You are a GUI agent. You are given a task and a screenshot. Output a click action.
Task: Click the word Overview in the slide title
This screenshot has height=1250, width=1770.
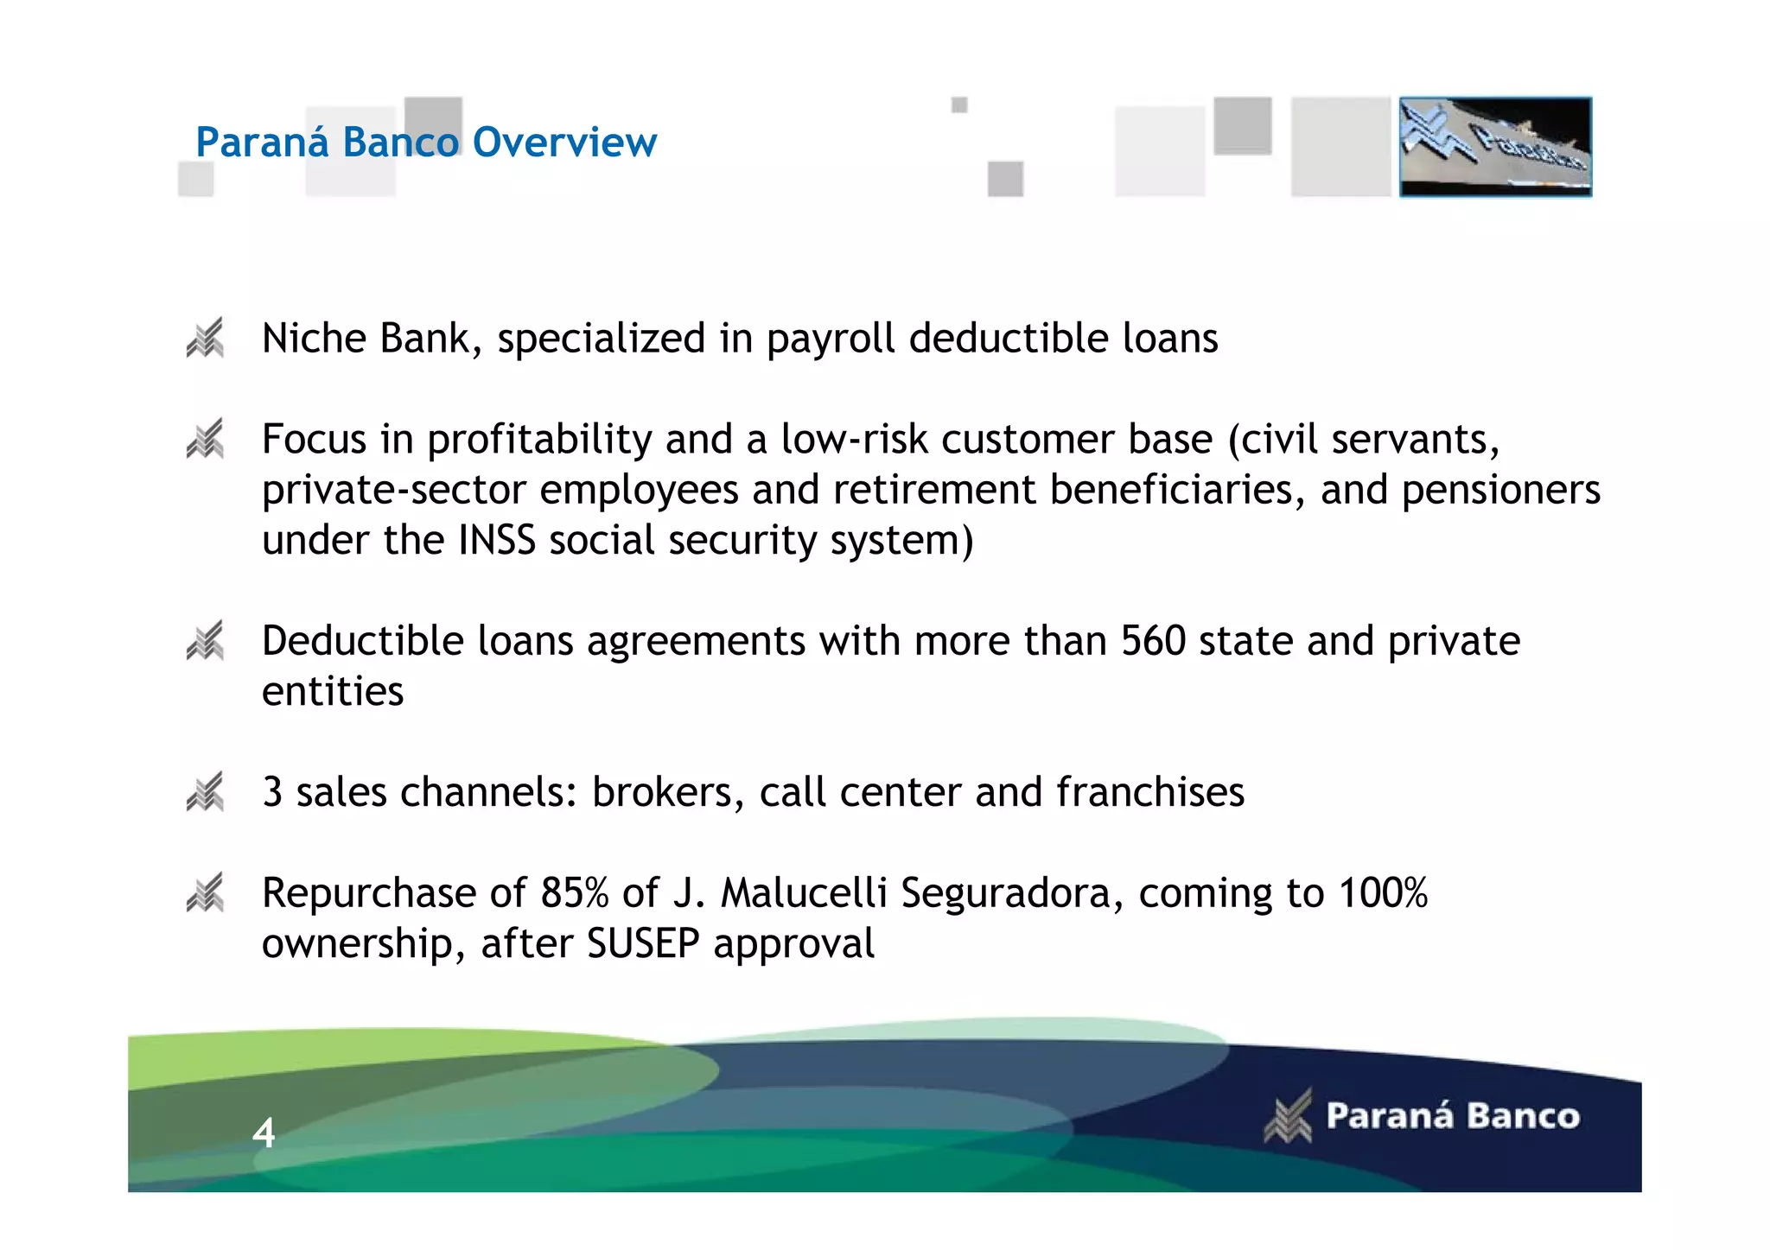click(564, 143)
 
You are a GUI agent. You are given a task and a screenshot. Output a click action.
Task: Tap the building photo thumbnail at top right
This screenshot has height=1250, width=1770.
click(1495, 147)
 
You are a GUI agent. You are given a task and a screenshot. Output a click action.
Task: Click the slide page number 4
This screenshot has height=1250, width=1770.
click(264, 1133)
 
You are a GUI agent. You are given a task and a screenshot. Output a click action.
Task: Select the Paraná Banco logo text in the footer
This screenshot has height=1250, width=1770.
click(1453, 1116)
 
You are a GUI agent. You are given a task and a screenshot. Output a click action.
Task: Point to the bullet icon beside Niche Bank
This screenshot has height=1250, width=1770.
click(206, 338)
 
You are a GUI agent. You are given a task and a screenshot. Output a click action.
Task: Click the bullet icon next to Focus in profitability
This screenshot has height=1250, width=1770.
click(206, 439)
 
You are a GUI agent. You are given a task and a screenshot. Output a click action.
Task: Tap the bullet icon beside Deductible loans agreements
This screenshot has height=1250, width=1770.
click(206, 641)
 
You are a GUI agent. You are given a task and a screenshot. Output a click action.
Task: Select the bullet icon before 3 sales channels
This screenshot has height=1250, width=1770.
click(206, 792)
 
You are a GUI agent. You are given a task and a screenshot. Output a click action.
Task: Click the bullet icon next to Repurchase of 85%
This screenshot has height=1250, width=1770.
click(206, 893)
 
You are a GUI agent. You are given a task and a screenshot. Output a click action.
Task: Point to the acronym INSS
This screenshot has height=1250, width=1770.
click(497, 541)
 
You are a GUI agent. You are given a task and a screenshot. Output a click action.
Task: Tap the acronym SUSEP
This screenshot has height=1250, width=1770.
click(643, 943)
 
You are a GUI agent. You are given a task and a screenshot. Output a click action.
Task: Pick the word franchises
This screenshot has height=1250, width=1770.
click(1150, 792)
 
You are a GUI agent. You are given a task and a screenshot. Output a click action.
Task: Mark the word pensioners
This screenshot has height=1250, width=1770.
click(1501, 491)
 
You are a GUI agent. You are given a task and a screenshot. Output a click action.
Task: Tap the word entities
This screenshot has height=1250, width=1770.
click(333, 692)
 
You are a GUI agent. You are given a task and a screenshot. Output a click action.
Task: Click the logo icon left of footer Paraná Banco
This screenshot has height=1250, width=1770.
click(1288, 1116)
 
